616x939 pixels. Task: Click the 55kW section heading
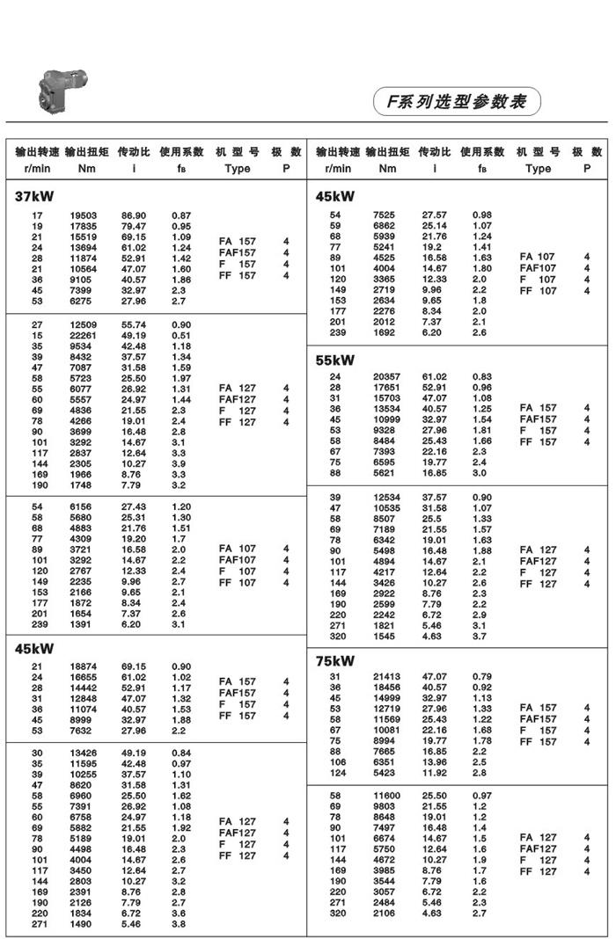[x=335, y=360]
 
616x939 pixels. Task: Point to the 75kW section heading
[x=335, y=660]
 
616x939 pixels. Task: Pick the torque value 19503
[x=84, y=215]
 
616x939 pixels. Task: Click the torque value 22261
[x=84, y=336]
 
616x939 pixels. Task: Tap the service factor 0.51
[x=181, y=336]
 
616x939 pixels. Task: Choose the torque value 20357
[x=385, y=376]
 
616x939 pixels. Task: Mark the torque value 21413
[x=385, y=677]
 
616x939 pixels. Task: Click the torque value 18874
[x=84, y=667]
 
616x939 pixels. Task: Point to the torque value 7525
[x=385, y=215]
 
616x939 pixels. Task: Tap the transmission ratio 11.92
[x=434, y=773]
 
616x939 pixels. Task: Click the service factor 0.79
[x=482, y=677]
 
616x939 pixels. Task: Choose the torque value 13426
[x=84, y=753]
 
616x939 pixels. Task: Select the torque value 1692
[x=385, y=333]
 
